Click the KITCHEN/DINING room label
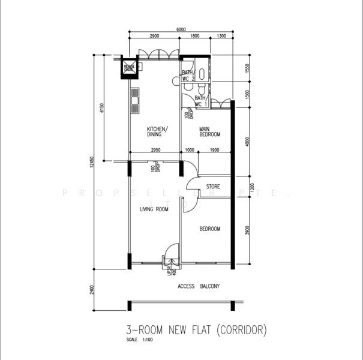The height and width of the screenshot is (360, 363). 158,132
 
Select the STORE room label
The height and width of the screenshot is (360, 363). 213,187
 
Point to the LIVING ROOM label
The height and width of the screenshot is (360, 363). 154,209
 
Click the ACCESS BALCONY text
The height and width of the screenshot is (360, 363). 199,286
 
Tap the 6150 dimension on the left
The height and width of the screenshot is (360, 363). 103,108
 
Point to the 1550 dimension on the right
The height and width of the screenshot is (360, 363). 247,70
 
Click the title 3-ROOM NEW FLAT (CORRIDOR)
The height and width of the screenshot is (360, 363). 196,329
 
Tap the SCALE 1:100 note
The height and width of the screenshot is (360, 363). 140,340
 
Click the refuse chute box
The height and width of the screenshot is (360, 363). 129,67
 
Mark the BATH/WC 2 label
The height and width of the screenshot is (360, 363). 189,76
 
